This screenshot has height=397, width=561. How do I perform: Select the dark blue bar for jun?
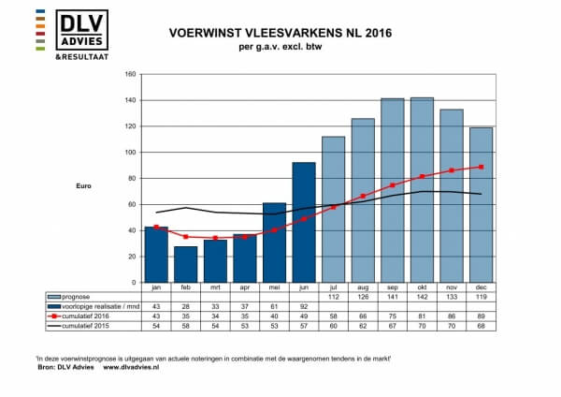pyautogui.click(x=304, y=221)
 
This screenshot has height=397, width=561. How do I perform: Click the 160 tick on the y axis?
pyautogui.click(x=130, y=74)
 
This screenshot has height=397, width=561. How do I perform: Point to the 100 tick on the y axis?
pyautogui.click(x=130, y=152)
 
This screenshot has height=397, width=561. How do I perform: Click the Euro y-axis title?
pyautogui.click(x=84, y=185)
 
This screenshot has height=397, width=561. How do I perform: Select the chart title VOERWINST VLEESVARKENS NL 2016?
pyautogui.click(x=280, y=33)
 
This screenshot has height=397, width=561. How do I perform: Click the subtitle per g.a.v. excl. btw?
pyautogui.click(x=280, y=47)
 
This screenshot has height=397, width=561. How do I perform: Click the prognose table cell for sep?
pyautogui.click(x=392, y=296)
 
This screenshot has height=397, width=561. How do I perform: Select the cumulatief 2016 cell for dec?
pyautogui.click(x=480, y=315)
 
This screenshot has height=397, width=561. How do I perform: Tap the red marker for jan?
pyautogui.click(x=156, y=227)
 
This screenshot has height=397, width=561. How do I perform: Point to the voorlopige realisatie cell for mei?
pyautogui.click(x=274, y=305)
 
